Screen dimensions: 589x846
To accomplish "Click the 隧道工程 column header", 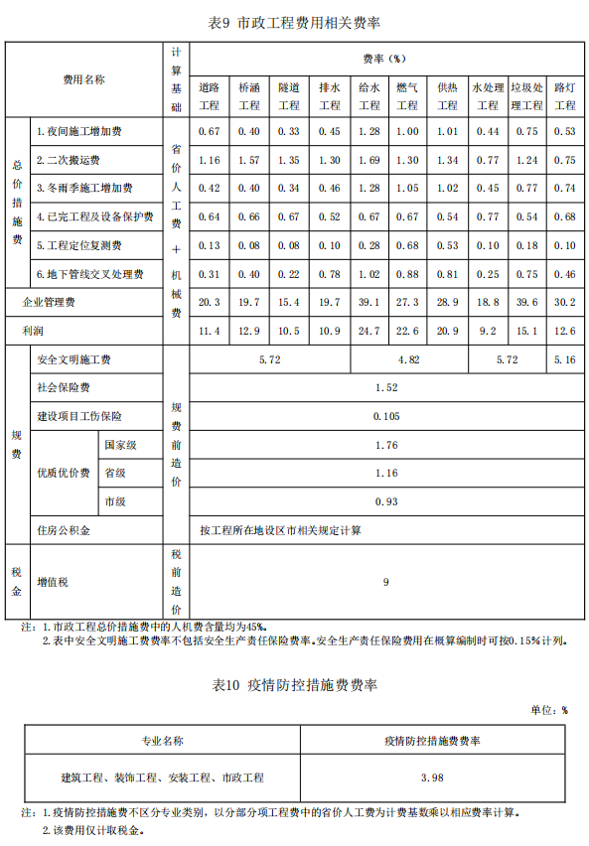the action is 288,96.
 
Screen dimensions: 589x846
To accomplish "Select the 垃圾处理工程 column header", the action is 526,96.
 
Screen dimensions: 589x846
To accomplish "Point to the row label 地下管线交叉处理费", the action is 89,274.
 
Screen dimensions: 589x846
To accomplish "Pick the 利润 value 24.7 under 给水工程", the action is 368,331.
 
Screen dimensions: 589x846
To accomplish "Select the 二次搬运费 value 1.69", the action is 368,160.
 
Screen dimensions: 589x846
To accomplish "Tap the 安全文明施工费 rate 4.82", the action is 408,359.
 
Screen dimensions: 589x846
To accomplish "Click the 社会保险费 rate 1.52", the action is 387,388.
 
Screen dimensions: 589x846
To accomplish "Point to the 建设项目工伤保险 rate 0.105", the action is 387,417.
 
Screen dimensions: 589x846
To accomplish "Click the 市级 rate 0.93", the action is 387,502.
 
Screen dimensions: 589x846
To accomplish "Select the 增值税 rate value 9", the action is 386,583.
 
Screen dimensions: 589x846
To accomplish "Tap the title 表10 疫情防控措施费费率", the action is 295,685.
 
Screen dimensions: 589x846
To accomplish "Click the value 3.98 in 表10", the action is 432,776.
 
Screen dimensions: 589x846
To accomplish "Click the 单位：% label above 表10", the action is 549,710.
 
